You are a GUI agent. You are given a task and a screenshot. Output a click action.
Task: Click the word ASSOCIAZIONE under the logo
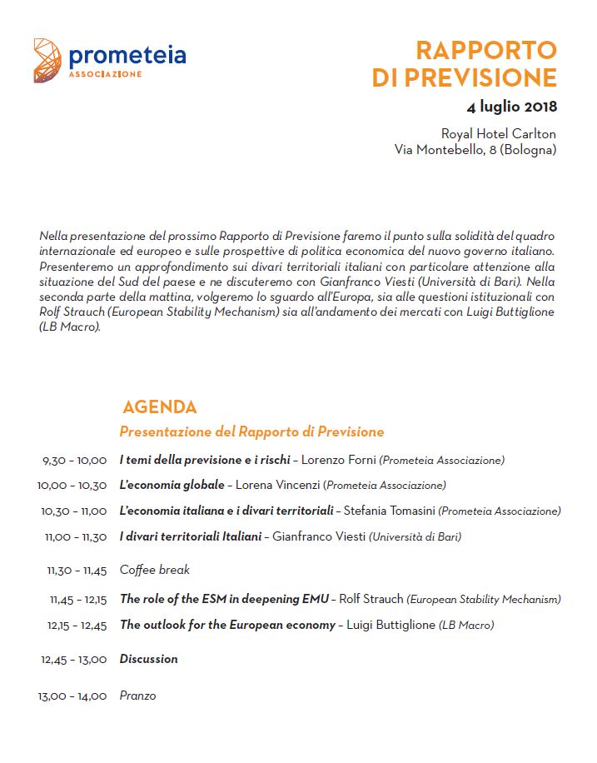(105, 74)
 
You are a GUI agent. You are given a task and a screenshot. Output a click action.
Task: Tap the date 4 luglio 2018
(511, 106)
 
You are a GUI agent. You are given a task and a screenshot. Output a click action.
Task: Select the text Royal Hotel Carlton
(498, 134)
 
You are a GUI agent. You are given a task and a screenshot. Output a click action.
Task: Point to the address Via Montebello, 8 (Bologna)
(475, 150)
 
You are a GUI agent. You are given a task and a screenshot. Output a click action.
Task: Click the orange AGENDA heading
(159, 407)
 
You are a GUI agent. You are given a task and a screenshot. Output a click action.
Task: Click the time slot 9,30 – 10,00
(74, 461)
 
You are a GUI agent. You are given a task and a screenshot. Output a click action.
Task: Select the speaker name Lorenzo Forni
(338, 460)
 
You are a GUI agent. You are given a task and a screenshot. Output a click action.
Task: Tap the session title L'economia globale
(172, 485)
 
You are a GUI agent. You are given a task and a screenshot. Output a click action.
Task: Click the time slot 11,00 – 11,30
(76, 537)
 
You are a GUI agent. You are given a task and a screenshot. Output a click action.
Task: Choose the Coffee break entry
(155, 570)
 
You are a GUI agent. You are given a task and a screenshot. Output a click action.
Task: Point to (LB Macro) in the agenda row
(466, 625)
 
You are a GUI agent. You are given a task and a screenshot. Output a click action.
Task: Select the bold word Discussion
(149, 659)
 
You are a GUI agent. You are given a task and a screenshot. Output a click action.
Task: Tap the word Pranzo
(137, 696)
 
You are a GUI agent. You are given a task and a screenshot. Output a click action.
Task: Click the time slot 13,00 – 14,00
(72, 696)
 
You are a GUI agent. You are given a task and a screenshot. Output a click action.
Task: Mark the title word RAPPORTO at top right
(485, 50)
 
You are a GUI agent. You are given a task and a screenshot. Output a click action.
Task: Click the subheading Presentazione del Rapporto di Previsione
(251, 431)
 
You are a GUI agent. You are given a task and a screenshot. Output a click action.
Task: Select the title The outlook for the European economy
(227, 625)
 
